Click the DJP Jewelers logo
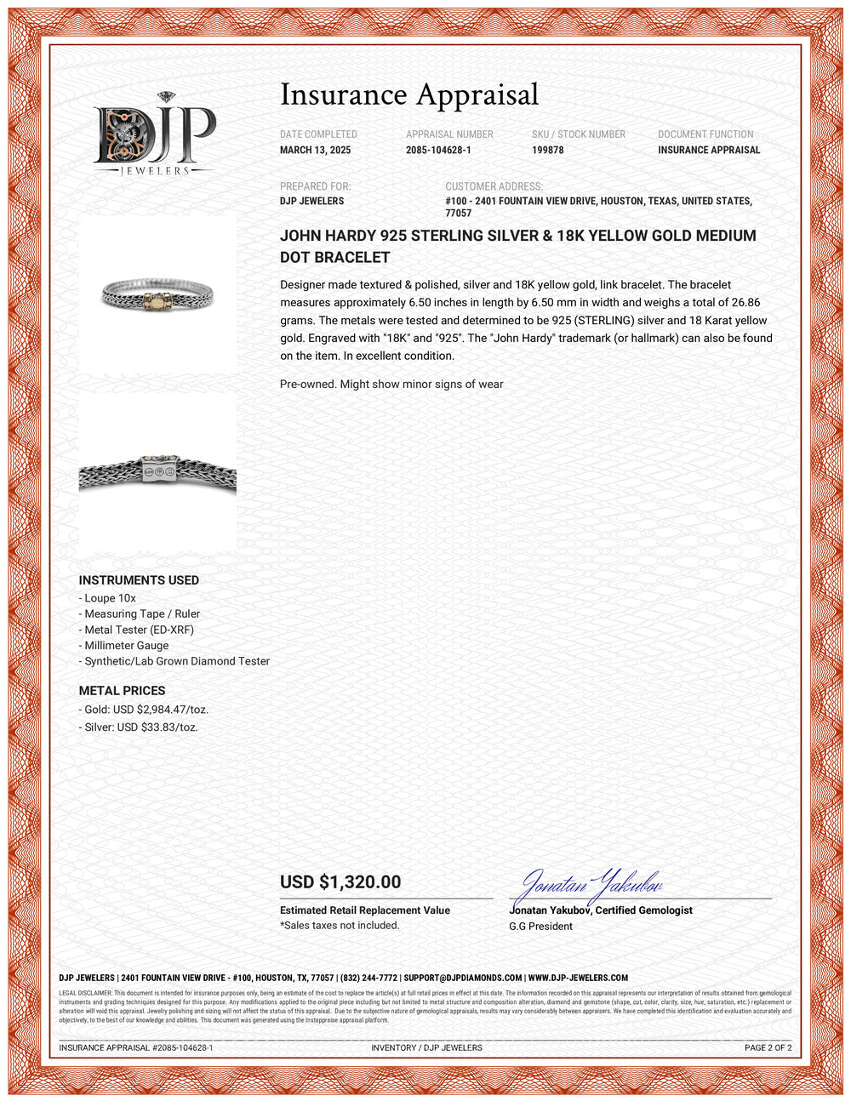click(x=154, y=134)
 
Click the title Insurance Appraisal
click(x=409, y=94)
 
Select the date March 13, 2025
click(x=315, y=150)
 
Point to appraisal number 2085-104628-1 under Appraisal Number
click(x=438, y=150)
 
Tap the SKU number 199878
click(x=547, y=150)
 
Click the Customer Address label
click(x=494, y=186)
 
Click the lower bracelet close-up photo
click(x=157, y=473)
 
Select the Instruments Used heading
click(x=139, y=580)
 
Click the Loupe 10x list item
click(x=110, y=598)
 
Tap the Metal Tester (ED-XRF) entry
click(x=139, y=630)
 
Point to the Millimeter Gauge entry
click(x=126, y=646)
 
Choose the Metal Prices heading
click(x=122, y=691)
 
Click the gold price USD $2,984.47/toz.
click(x=146, y=710)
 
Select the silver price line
click(x=140, y=727)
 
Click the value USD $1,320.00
click(x=340, y=882)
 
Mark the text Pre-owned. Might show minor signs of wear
click(x=391, y=385)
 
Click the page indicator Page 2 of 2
click(x=768, y=1048)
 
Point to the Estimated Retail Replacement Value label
click(x=365, y=910)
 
